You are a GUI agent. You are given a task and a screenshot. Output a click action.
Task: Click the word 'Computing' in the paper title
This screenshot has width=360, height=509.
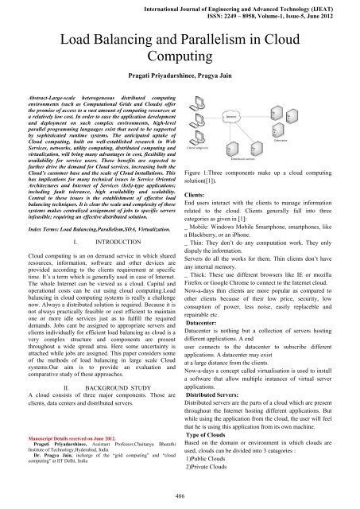tap(180, 59)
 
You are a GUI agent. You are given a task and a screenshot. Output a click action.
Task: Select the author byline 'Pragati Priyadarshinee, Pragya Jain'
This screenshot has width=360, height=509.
tap(180, 77)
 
